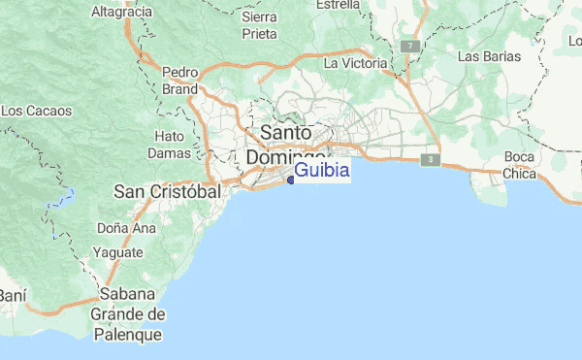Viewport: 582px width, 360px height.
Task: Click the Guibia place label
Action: tap(321, 171)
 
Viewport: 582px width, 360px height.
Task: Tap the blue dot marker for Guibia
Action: tap(291, 179)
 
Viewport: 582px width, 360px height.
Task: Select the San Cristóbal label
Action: tap(168, 191)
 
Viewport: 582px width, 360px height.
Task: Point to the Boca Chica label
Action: tap(519, 166)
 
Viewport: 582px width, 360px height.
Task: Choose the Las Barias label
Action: tap(489, 56)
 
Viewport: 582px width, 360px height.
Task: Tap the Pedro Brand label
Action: tap(180, 80)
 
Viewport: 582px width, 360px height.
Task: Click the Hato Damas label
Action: tap(170, 145)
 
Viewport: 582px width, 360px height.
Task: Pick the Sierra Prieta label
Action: tap(259, 24)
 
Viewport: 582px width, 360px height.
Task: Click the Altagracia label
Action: tap(121, 12)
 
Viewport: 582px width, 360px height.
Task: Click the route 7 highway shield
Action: tap(411, 46)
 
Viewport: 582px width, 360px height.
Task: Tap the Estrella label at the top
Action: tap(339, 5)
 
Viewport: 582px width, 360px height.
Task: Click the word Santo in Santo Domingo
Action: tap(286, 132)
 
